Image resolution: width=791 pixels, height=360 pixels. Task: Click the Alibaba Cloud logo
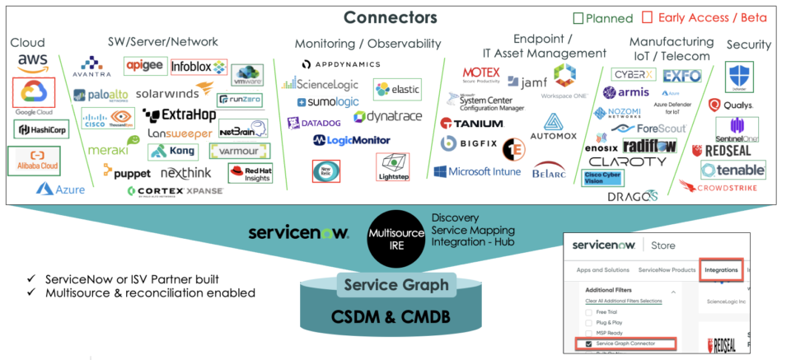tap(34, 160)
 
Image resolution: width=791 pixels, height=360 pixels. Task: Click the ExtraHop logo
tap(179, 115)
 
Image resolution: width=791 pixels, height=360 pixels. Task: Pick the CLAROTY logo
tap(627, 161)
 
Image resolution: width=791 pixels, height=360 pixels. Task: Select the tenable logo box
tap(732, 169)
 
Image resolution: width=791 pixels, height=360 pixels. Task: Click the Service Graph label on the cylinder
tap(397, 285)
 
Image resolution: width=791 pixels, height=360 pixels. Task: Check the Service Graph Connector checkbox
tap(589, 344)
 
